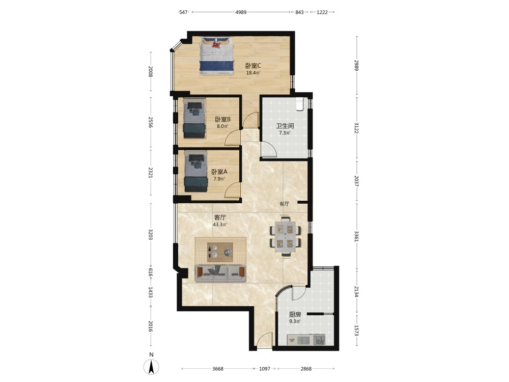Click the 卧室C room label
pos(253,66)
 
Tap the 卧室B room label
pos(223,119)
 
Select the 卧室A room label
pos(219,172)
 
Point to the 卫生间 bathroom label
pos(285,126)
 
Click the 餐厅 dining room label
pos(285,204)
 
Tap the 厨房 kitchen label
pos(295,314)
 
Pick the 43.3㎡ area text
pos(220,225)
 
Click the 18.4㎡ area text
pos(253,73)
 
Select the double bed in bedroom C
pos(216,56)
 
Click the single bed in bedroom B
pos(194,119)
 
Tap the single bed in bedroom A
pos(196,171)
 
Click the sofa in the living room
pos(220,273)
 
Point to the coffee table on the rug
pos(220,252)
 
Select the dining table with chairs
pos(286,236)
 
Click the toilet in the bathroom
pos(300,104)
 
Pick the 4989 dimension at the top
pos(241,12)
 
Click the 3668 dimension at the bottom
pos(218,369)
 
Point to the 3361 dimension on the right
pos(356,236)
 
